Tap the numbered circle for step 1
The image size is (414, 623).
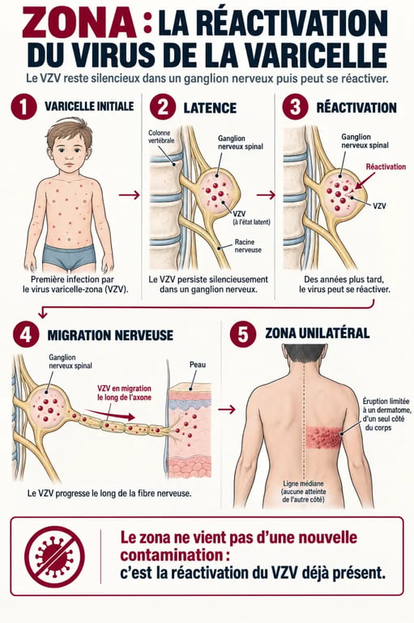[23, 106]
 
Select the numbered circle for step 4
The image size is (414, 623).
[26, 334]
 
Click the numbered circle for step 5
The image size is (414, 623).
[242, 334]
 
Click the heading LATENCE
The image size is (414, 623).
[210, 108]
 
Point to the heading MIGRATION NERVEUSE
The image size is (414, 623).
[110, 335]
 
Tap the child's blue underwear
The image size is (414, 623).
[70, 256]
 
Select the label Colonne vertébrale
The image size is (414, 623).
[161, 136]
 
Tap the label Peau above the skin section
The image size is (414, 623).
[197, 364]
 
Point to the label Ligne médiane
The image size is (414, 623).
[303, 483]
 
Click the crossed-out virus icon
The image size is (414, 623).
[54, 556]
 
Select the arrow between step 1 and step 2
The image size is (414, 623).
[130, 195]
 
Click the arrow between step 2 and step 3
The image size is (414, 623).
[266, 195]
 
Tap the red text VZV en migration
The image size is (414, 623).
[124, 389]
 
